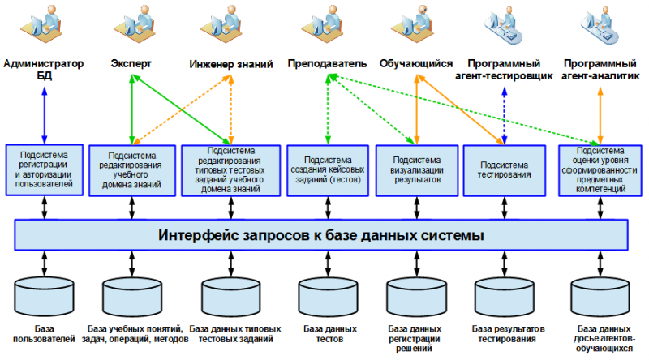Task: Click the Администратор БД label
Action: [x=44, y=68]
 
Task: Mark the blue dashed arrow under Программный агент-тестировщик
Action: [x=505, y=114]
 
